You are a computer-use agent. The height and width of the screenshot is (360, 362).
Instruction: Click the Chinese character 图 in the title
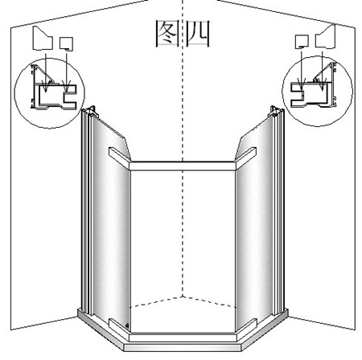tap(167, 34)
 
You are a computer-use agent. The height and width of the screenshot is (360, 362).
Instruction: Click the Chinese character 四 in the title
tap(198, 34)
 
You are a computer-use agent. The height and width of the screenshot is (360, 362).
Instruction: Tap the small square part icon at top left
tap(66, 44)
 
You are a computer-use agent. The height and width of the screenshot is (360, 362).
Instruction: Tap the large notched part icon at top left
tap(43, 39)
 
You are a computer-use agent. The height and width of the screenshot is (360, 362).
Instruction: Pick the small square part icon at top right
tap(302, 42)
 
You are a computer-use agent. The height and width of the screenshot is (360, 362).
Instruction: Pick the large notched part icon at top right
tap(326, 37)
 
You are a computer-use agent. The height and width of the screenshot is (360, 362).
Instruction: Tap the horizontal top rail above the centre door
tap(183, 166)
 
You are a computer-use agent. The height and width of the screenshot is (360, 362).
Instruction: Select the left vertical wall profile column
tap(87, 211)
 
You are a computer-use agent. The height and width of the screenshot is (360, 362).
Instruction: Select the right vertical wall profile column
tap(278, 211)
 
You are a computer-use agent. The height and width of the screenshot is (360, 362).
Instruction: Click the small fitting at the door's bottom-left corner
tap(127, 325)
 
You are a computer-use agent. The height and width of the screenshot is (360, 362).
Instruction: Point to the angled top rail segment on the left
tap(120, 157)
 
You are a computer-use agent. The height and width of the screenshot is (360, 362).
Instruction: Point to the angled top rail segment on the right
tap(245, 157)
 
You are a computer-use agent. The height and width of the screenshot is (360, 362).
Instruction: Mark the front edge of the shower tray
tap(183, 348)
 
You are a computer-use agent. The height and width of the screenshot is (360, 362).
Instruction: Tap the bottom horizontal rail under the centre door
tap(183, 337)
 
